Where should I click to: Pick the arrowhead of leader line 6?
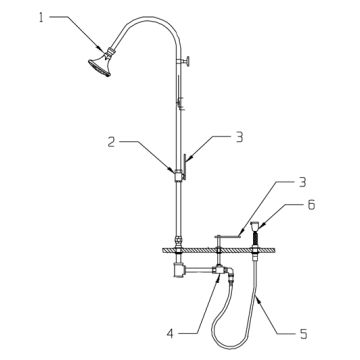pyautogui.click(x=263, y=221)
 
